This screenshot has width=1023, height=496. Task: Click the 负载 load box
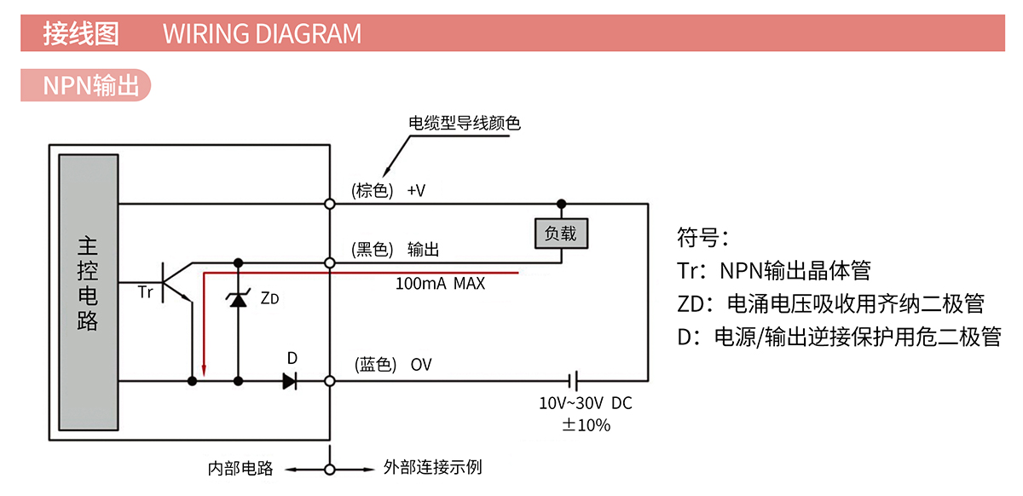(x=561, y=233)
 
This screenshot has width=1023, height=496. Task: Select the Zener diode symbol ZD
(x=238, y=299)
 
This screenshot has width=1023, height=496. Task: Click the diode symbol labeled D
(x=290, y=381)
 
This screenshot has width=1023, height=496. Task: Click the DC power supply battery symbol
(x=575, y=381)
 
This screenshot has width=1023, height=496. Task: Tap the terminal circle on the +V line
(x=330, y=204)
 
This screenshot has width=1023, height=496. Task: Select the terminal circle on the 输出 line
(x=330, y=262)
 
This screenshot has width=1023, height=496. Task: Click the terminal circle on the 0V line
(x=330, y=381)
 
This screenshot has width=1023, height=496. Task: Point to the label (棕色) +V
(x=388, y=190)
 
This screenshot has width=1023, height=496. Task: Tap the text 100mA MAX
(x=440, y=283)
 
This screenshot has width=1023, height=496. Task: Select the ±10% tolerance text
(x=586, y=424)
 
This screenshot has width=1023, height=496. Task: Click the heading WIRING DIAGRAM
(x=262, y=34)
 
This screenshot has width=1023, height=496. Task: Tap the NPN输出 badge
(x=85, y=85)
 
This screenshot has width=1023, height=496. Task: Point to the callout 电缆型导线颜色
(x=465, y=124)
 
